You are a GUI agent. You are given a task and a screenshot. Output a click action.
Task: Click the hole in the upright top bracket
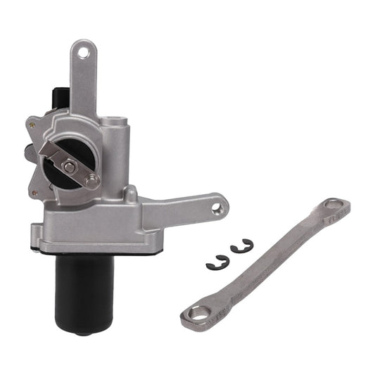(x=83, y=51)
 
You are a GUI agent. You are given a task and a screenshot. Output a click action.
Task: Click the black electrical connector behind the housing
(x=61, y=98)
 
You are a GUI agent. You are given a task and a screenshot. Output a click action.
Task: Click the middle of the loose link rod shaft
(x=267, y=261)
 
